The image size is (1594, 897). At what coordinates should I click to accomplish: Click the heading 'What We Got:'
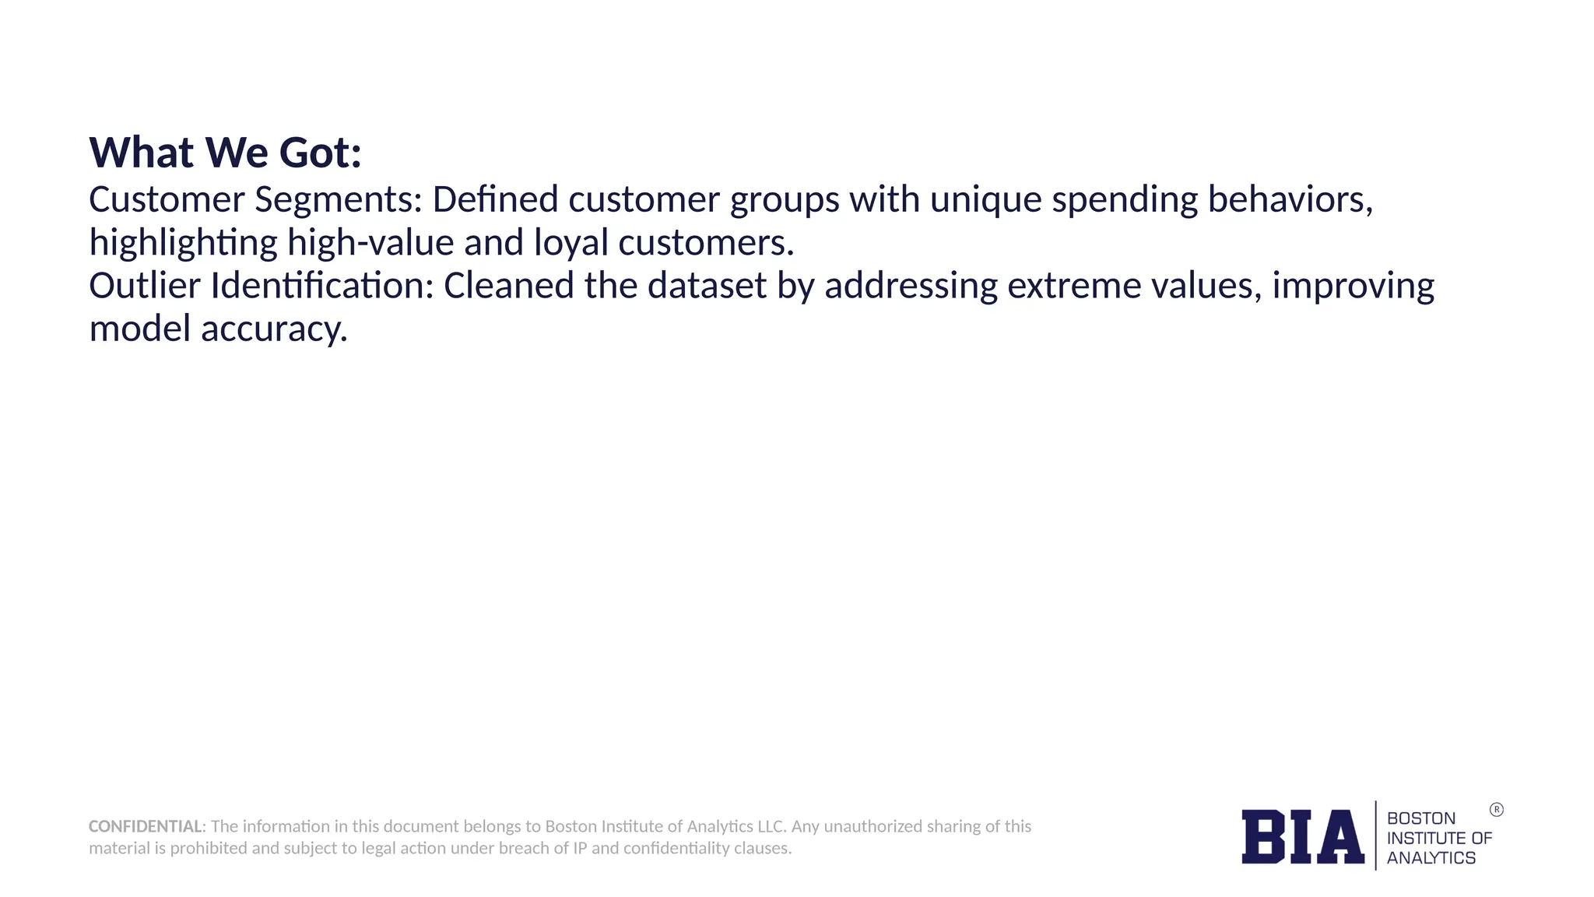click(225, 152)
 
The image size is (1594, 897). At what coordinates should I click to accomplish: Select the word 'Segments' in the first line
click(338, 200)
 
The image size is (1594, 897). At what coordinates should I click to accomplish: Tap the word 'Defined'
click(495, 200)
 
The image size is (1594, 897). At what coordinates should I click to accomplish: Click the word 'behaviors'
click(1289, 200)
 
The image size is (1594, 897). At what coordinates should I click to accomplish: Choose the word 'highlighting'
click(183, 243)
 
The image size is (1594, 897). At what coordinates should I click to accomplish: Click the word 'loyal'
click(571, 243)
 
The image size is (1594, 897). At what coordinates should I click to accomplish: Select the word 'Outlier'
click(145, 286)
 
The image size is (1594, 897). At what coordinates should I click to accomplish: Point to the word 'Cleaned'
click(509, 286)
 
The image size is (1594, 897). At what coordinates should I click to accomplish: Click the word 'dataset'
click(707, 286)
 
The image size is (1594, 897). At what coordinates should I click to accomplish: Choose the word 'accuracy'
click(273, 329)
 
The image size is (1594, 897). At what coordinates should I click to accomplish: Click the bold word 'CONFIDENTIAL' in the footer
click(146, 826)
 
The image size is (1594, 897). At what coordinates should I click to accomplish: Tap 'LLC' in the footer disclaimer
click(771, 826)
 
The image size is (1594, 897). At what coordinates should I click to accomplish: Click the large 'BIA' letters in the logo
click(1302, 836)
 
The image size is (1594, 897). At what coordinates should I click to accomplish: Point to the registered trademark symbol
click(1496, 810)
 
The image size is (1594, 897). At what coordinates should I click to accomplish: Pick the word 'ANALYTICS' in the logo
click(1431, 858)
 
